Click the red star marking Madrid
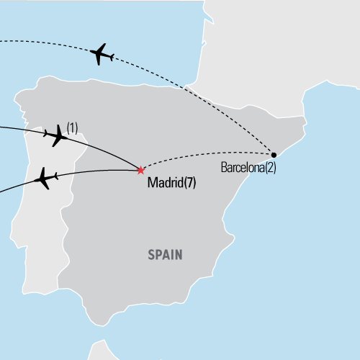(140, 170)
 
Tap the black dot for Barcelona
(274, 153)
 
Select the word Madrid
(163, 183)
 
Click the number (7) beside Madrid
(189, 183)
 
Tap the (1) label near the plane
(72, 128)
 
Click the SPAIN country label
(166, 254)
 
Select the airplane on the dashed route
(102, 53)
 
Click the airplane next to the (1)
(58, 135)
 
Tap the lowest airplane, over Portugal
(44, 177)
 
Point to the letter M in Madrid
(151, 183)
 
